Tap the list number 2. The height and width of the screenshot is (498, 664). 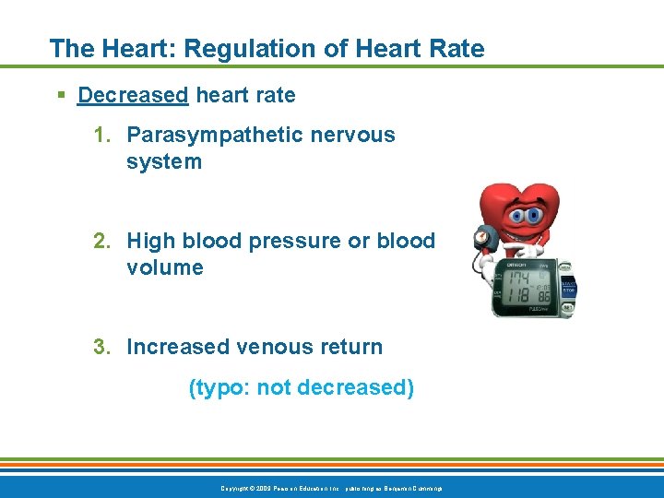click(102, 241)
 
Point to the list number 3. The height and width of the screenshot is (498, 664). click(102, 347)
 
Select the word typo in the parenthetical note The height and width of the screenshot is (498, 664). click(219, 387)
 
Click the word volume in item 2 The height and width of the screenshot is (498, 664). click(165, 267)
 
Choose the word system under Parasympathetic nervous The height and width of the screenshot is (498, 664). click(164, 161)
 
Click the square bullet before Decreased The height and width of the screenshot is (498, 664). click(60, 96)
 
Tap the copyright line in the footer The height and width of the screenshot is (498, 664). click(332, 487)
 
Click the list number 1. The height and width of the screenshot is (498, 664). click(102, 135)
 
